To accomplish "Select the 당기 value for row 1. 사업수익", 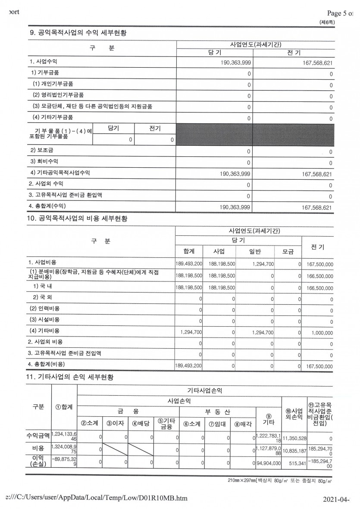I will point(235,62).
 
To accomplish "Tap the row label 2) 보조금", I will point(39,150).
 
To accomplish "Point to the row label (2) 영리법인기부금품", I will point(56,95).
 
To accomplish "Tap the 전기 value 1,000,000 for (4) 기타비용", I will point(319,333).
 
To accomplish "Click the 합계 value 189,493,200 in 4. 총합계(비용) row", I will point(189,366).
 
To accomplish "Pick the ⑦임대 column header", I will point(218,423).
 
